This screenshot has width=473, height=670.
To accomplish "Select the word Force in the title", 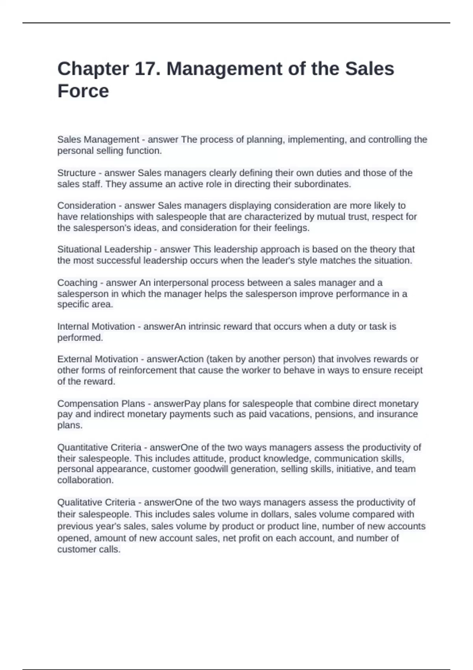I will tap(83, 91).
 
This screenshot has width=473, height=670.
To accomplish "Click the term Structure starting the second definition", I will tap(76, 173).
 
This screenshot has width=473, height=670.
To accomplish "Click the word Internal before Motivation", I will tap(73, 327).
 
